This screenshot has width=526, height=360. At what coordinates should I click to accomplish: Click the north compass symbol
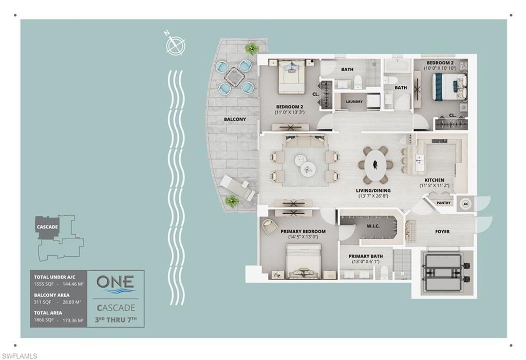(175, 45)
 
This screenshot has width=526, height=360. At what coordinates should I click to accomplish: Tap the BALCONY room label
(235, 119)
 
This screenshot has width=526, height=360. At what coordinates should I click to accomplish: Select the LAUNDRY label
(354, 102)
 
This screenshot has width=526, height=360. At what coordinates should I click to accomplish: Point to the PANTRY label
(443, 203)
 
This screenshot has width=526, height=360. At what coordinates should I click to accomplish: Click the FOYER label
(442, 232)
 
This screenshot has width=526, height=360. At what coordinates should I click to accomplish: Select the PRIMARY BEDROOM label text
(303, 232)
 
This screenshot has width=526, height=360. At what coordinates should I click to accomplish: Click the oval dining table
(375, 164)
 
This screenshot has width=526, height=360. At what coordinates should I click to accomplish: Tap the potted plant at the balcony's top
(252, 49)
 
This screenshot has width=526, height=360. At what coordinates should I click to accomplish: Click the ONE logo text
(116, 281)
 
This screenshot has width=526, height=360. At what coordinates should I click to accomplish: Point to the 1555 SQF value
(43, 284)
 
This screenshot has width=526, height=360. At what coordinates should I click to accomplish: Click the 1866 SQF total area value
(43, 319)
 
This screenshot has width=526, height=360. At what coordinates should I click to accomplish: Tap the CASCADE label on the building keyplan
(47, 226)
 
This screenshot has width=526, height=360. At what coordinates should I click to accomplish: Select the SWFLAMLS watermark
(20, 355)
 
